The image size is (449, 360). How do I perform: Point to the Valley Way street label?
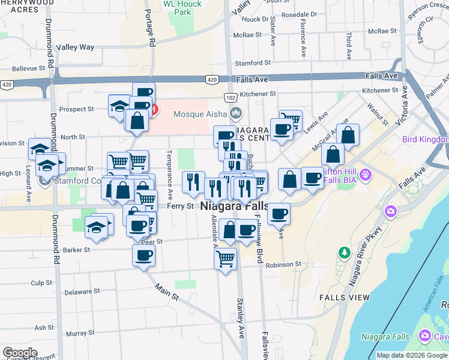[75, 47]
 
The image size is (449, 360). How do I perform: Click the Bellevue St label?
[29, 69]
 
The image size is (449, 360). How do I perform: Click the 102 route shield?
[231, 97]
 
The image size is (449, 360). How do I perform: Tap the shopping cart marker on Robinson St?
[225, 259]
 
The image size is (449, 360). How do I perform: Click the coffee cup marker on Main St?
[143, 256]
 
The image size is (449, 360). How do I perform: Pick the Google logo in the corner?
[20, 353]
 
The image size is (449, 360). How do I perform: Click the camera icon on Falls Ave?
[391, 211]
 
